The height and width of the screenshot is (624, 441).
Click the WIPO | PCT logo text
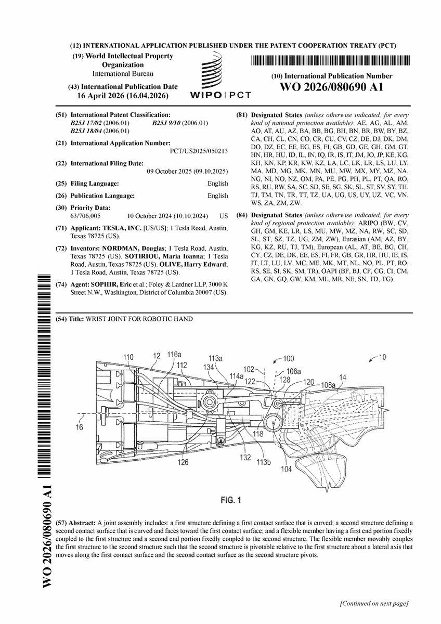click(221, 95)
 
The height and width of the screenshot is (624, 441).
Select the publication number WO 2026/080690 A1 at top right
click(331, 87)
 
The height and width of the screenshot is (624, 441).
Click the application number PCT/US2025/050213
click(199, 151)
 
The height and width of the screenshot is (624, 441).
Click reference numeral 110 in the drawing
click(128, 357)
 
